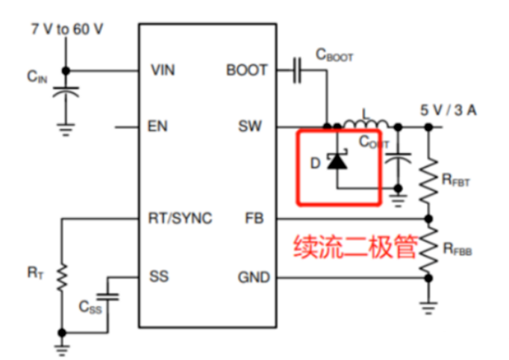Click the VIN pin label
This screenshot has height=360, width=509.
tap(163, 70)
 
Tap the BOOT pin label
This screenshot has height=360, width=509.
tap(246, 70)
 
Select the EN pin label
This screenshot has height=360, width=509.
tap(157, 126)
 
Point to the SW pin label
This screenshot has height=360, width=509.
tap(251, 126)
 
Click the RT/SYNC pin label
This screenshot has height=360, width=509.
tap(180, 219)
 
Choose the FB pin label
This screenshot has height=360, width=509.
tap(254, 219)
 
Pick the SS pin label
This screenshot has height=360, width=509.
tap(158, 276)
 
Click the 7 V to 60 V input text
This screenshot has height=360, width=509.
tap(66, 29)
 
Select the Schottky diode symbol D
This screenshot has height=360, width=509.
tap(338, 160)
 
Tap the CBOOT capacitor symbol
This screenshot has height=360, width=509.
tap(296, 70)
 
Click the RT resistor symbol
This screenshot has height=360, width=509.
tap(63, 276)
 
